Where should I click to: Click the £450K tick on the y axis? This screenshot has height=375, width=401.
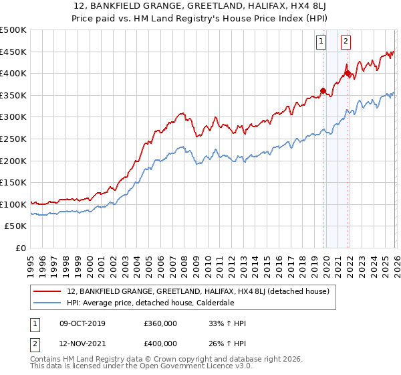[x=13, y=52]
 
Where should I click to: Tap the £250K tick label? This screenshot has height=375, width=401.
[x=13, y=139]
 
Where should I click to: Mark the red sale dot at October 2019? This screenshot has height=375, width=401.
[x=323, y=90]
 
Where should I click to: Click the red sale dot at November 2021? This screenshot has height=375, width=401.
[x=348, y=73]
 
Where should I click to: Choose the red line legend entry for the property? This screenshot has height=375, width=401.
[x=198, y=291]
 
